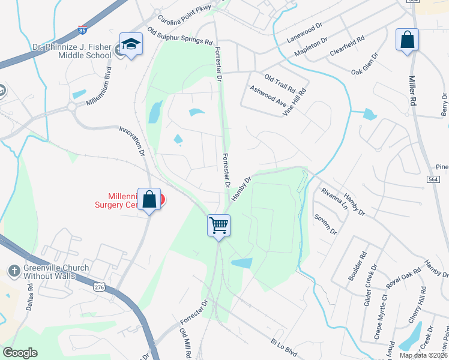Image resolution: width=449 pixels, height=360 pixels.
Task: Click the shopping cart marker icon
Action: (219, 226)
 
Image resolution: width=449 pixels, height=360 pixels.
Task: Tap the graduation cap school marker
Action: (130, 44)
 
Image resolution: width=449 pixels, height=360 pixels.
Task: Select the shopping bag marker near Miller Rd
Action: (407, 40)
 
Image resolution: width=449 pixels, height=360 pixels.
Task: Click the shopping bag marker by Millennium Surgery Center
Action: (149, 200)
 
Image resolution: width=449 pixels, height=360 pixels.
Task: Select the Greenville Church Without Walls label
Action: (56, 272)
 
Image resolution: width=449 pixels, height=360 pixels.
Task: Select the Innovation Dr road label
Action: (132, 141)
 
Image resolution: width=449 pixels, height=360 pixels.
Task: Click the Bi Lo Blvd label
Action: (284, 347)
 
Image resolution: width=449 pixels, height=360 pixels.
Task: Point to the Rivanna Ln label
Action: (334, 198)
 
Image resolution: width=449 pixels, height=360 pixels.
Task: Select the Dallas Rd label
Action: (30, 296)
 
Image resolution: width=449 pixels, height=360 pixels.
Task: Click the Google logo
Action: (20, 353)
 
